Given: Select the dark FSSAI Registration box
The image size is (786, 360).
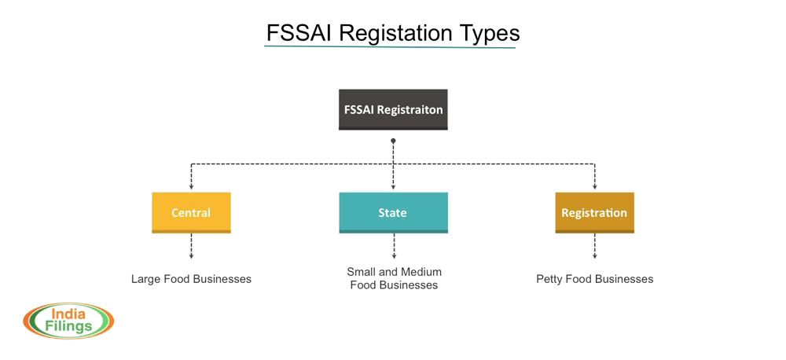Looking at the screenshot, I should pos(393,109).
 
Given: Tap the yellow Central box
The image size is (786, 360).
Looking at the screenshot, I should pos(191,212).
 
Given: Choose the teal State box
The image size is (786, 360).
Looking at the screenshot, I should pos(393,212).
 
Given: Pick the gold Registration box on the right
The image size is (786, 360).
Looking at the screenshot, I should pos(594,212).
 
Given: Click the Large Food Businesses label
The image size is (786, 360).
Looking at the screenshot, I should pos(191,278).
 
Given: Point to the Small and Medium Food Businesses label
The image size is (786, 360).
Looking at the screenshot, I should pos(394,277).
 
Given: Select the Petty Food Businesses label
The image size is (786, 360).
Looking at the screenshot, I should pos(595,278).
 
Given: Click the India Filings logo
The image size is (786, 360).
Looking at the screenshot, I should pos(69,320).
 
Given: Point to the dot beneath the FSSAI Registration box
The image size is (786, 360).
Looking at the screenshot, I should pos(393,141).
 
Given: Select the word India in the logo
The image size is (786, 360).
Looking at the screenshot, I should pos(69,314).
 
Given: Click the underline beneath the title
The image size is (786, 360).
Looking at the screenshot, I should pos(391,47).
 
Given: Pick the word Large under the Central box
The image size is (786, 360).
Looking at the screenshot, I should pos(146,278).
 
